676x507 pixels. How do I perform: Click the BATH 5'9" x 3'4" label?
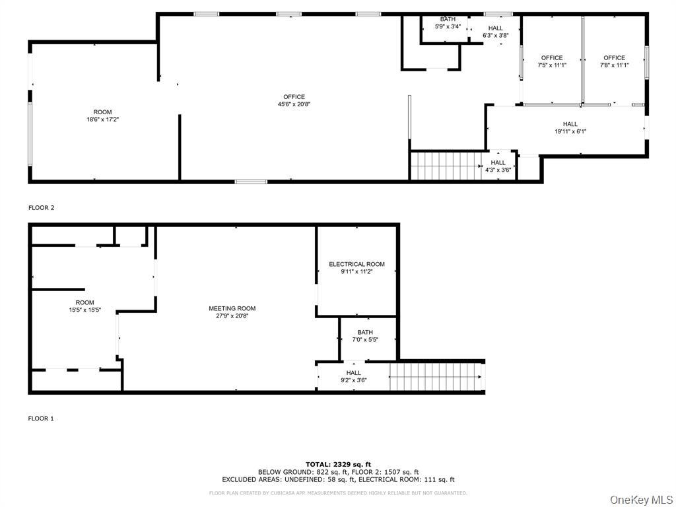point(448,23)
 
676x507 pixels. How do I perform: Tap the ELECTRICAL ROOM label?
point(356,267)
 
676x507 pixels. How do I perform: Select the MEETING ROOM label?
point(232,312)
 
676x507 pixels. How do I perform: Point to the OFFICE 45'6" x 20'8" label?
point(294,100)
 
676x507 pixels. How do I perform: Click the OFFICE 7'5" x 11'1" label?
point(552,61)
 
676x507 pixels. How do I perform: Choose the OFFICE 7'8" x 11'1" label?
point(614,61)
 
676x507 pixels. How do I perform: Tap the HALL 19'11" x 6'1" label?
point(570,127)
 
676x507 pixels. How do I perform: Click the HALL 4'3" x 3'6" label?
point(498,166)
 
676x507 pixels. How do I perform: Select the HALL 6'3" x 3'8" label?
point(495,31)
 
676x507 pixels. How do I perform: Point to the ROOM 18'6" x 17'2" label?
point(102,116)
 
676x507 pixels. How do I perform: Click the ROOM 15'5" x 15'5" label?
point(84,306)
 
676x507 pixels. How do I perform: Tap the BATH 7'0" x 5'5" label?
point(365,336)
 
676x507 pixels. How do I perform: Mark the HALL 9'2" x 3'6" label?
point(353,376)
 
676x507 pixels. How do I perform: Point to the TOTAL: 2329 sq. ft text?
point(337,464)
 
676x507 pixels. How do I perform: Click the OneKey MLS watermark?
point(640,499)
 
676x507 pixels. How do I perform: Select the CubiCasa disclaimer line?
point(337,493)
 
